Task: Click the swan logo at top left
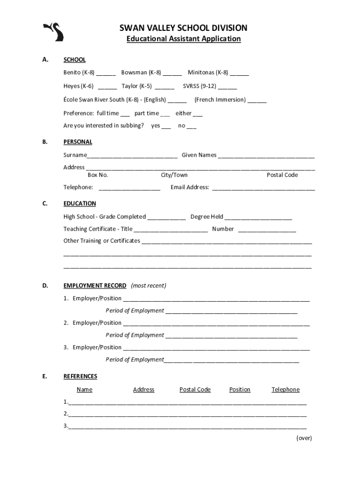click(54, 32)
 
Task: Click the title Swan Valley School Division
click(183, 28)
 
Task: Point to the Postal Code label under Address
click(282, 175)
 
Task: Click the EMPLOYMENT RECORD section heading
click(95, 285)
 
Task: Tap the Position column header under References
click(240, 390)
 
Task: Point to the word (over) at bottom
click(304, 438)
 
